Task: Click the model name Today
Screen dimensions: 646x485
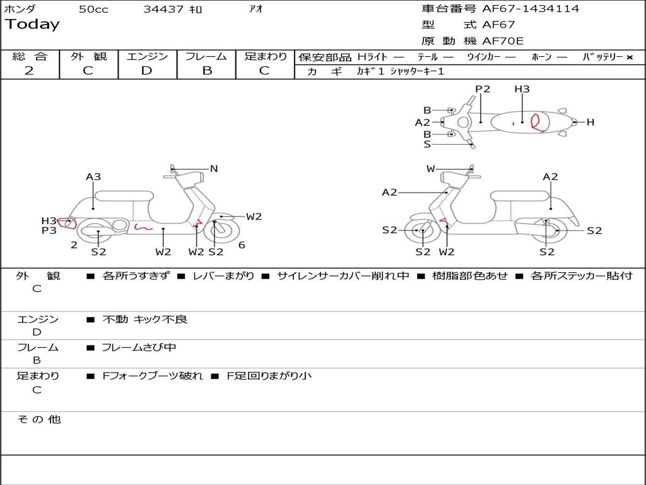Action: click(x=32, y=25)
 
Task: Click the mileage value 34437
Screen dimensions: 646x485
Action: click(x=163, y=9)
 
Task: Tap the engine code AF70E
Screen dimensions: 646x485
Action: click(x=503, y=41)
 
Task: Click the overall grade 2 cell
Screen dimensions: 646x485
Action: click(x=29, y=71)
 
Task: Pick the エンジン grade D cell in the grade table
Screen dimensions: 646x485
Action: click(x=147, y=71)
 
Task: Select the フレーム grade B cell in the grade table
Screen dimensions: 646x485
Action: click(x=207, y=71)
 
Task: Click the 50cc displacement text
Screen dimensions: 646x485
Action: click(x=93, y=9)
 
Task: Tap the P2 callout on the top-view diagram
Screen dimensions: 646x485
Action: click(x=483, y=89)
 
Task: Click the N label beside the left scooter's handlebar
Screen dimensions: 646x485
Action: click(x=214, y=169)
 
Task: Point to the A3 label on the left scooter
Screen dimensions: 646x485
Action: click(x=93, y=177)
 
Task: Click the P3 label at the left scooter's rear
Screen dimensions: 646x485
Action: click(x=49, y=231)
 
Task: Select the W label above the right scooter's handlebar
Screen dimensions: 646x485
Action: click(x=431, y=169)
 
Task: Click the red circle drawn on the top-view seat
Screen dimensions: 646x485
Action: click(x=538, y=121)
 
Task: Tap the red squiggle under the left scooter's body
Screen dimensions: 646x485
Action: click(x=144, y=227)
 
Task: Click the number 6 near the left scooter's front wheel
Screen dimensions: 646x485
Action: click(x=242, y=245)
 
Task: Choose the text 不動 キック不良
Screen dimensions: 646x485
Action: click(x=145, y=320)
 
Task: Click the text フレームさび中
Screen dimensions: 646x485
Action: click(x=139, y=347)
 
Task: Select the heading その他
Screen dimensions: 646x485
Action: click(x=39, y=419)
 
